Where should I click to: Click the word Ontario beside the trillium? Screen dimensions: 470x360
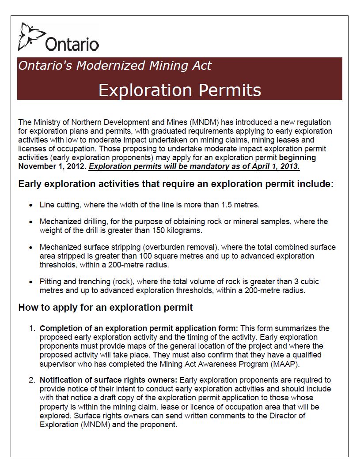[x=72, y=44]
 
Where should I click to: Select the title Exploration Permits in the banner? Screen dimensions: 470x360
[x=179, y=90]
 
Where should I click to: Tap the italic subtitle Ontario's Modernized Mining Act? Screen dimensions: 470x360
[x=115, y=66]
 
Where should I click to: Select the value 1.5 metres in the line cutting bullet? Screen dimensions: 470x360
[x=239, y=205]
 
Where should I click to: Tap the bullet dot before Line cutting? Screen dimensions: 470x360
[x=30, y=206]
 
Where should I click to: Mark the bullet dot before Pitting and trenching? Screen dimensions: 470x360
[x=30, y=282]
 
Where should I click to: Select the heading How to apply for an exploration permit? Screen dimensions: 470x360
[x=106, y=308]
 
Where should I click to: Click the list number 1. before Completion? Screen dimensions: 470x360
[x=32, y=328]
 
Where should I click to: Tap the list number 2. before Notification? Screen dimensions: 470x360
[x=32, y=380]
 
